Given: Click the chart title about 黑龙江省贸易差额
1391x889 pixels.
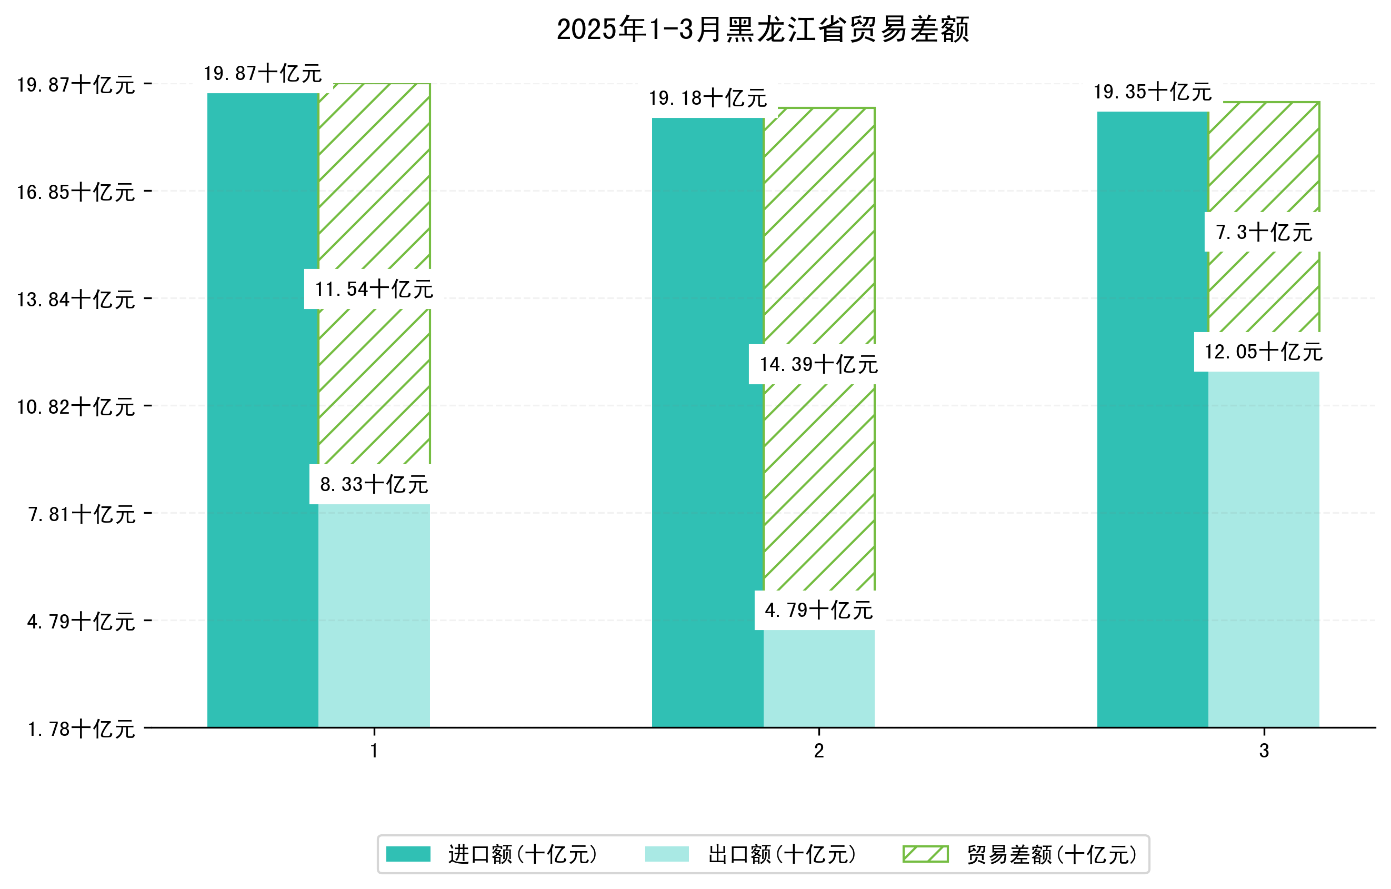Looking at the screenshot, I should coord(763,29).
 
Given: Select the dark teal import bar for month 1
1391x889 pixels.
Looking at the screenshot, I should coord(263,410).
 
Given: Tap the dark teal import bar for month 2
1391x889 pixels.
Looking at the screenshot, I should coord(708,422).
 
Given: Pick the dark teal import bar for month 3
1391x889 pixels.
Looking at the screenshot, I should coord(1153,419).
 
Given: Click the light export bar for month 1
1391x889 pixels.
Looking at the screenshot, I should coord(374,615).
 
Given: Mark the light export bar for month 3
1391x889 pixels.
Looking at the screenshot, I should coord(1263,549).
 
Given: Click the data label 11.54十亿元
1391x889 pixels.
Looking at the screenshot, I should coord(374,289).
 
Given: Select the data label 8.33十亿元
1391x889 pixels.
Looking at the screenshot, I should coord(374,484).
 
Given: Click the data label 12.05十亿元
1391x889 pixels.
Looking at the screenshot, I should coord(1263,352).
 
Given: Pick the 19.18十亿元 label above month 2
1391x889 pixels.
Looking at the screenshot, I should coord(708,98).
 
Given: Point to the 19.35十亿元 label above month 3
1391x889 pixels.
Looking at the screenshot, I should coord(1153,92).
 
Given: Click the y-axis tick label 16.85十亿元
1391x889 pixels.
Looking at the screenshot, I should coord(76,192).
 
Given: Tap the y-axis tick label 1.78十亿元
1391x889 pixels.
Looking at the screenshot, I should coord(81,729).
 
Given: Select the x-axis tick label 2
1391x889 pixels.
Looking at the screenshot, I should coord(818,751).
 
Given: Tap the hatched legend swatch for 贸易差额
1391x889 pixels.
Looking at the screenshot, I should coord(925,854).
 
